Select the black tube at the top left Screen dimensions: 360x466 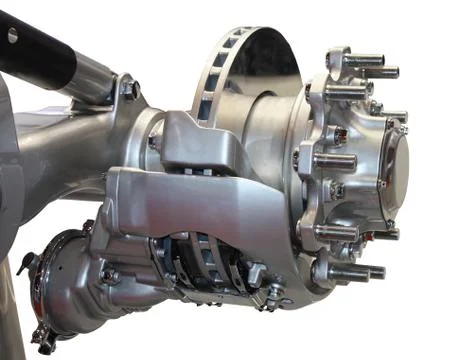[40, 50]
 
